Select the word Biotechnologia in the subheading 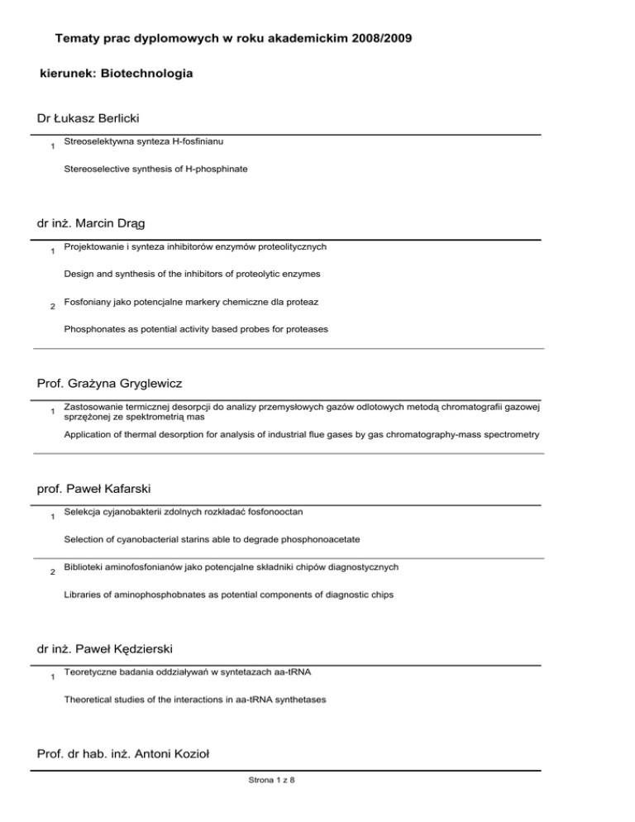[x=146, y=74]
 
